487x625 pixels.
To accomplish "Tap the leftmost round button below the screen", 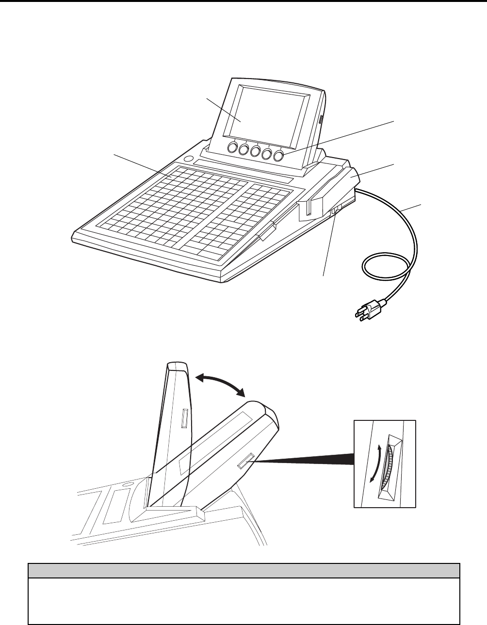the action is click(x=232, y=148).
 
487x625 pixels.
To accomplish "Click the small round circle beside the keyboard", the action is click(x=189, y=160).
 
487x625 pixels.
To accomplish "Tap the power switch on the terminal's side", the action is click(x=335, y=210).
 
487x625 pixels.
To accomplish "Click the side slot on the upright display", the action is click(x=183, y=418).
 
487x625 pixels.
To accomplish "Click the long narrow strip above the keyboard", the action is click(x=243, y=172).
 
